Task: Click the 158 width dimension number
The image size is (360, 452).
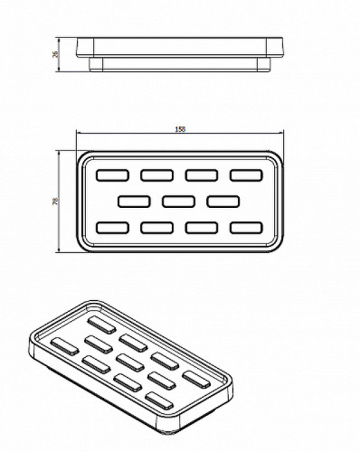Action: pos(180,129)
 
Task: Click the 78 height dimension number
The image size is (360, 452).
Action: pos(55,202)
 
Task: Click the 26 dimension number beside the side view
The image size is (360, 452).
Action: pos(55,54)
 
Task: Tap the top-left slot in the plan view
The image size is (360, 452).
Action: pos(112,175)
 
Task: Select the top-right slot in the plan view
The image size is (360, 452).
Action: pos(246,175)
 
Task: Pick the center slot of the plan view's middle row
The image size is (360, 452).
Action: pos(179,202)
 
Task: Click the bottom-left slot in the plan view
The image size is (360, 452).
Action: pos(112,228)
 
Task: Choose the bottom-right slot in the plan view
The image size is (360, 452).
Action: pos(246,228)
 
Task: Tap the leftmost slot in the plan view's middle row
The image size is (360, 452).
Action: pos(134,202)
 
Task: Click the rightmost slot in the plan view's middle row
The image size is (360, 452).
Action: pos(223,202)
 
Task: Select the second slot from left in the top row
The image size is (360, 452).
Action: pos(157,175)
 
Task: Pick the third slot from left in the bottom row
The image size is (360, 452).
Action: pos(202,228)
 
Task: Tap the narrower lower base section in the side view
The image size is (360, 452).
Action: pos(180,64)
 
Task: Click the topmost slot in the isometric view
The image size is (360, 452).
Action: pos(102,325)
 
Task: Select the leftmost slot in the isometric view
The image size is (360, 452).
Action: pos(64,346)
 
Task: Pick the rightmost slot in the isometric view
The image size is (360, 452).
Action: pos(196,380)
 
